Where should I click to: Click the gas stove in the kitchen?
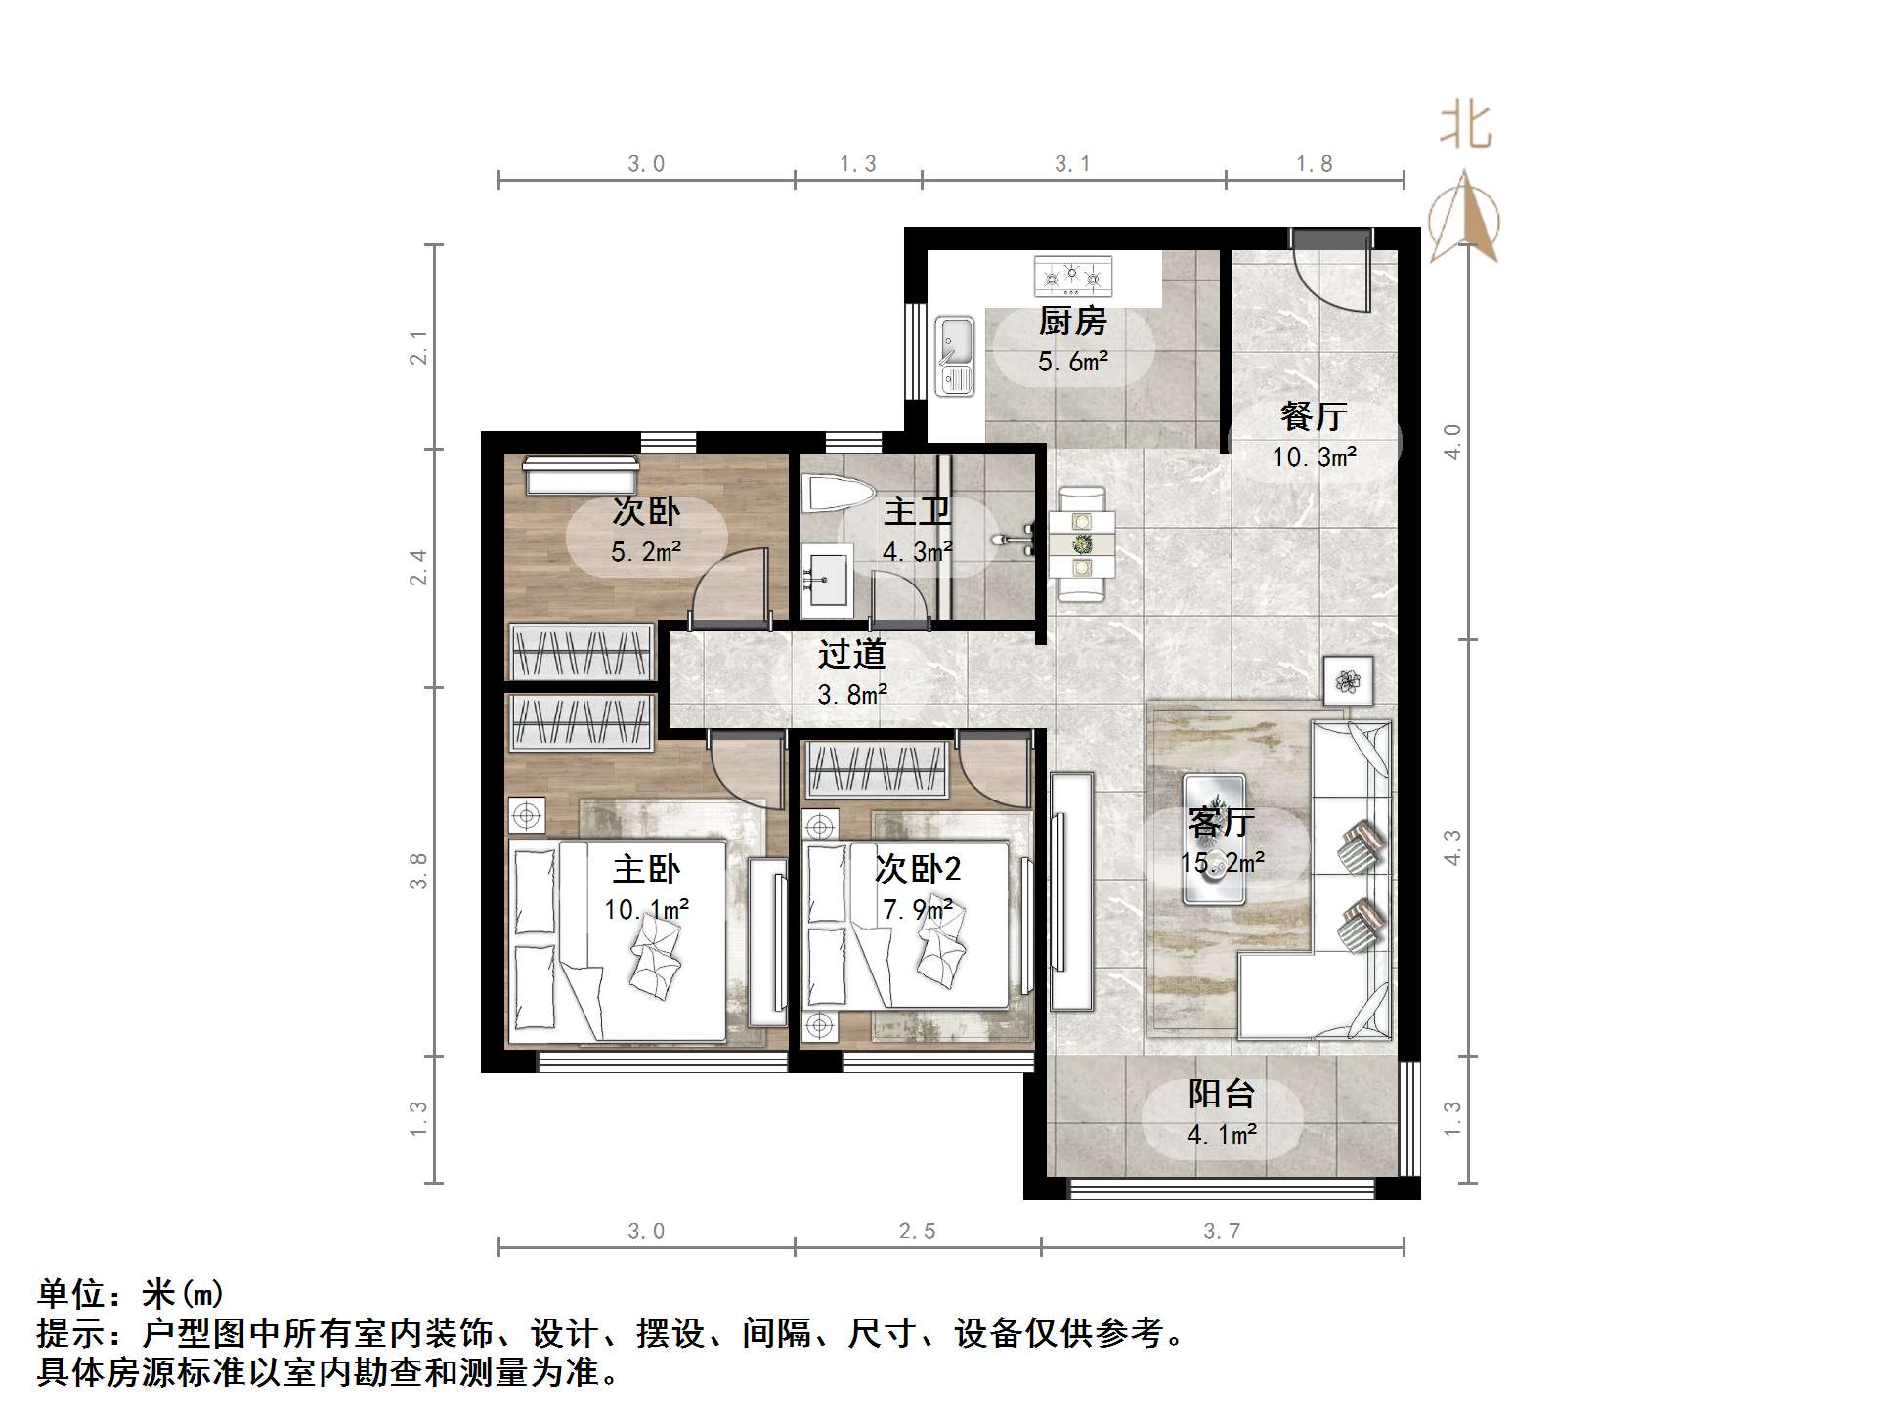[x=1073, y=277]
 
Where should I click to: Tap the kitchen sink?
[x=955, y=356]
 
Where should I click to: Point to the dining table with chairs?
[x=1082, y=544]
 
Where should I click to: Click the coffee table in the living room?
[x=1214, y=839]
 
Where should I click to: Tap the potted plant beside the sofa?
[x=1348, y=680]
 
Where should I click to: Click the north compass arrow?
[x=1463, y=217]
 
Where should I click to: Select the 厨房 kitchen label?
[x=1072, y=321]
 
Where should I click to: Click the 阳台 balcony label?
[x=1221, y=1094]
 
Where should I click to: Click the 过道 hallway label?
[x=851, y=653]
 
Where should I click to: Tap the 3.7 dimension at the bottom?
[x=1221, y=1232]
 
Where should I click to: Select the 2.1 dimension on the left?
[x=419, y=348]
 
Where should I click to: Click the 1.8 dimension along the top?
[x=1314, y=164]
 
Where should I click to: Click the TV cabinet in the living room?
[x=1071, y=890]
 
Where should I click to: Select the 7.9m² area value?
[x=917, y=910]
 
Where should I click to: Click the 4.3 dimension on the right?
[x=1452, y=847]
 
